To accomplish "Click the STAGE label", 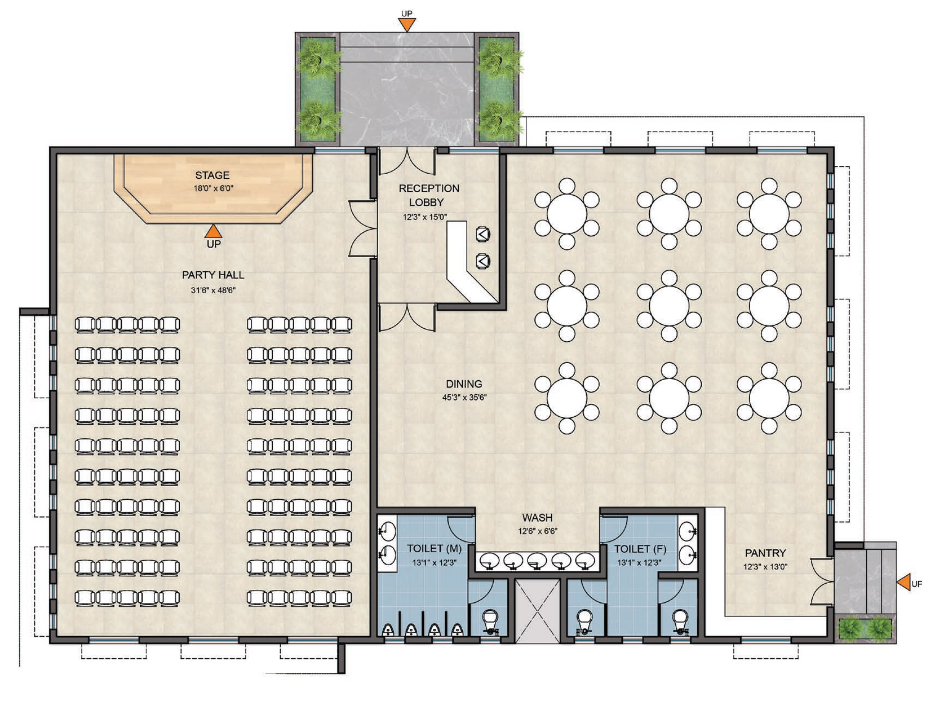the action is (212, 175).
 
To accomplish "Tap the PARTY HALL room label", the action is (213, 275).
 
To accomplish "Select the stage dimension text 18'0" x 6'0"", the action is (214, 188).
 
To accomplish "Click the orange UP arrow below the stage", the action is (214, 231).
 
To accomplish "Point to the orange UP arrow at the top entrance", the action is (407, 24).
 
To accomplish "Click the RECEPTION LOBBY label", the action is (428, 195).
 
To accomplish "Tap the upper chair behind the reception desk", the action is (483, 234).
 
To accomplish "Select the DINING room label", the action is (464, 384).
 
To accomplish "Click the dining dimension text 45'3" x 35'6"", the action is (464, 397).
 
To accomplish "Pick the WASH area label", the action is (537, 517).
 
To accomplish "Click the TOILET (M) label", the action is (434, 548).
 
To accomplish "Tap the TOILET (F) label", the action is (640, 549).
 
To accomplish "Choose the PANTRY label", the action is (765, 553).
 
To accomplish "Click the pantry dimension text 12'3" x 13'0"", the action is (765, 566).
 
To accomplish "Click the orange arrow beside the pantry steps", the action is (903, 583).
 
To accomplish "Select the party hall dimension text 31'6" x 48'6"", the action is (213, 290).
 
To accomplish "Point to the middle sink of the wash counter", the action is (537, 561).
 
